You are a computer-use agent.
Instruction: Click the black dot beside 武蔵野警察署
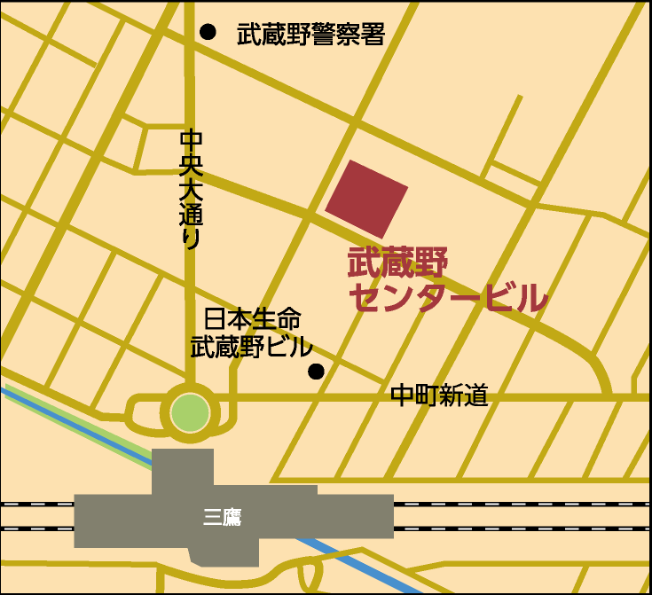(x=208, y=32)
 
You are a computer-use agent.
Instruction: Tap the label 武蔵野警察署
(x=310, y=35)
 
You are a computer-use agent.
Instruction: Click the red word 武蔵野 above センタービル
(x=398, y=262)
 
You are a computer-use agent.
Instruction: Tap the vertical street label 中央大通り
(x=192, y=188)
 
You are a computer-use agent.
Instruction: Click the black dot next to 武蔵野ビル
(x=316, y=372)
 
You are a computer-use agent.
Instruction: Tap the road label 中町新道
(x=440, y=395)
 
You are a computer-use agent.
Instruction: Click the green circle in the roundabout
(x=190, y=413)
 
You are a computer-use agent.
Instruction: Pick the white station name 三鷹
(x=222, y=518)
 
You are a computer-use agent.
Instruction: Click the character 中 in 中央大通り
(x=192, y=140)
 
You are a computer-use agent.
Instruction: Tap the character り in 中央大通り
(x=192, y=239)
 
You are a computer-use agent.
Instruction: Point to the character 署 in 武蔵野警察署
(x=373, y=35)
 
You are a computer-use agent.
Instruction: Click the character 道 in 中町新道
(x=476, y=395)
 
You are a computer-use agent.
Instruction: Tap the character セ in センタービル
(x=364, y=298)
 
